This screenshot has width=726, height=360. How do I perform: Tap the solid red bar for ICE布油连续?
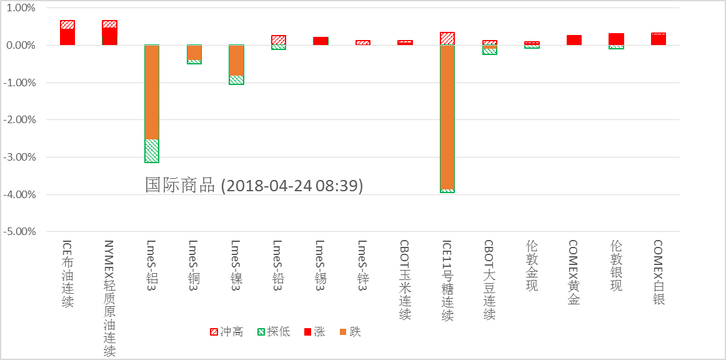(x=67, y=37)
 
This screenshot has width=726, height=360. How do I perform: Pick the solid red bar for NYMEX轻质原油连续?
(x=110, y=37)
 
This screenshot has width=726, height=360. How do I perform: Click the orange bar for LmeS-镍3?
(x=236, y=61)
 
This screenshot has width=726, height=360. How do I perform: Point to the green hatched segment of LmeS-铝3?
(x=152, y=151)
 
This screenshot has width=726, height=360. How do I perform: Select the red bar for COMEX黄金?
(x=574, y=40)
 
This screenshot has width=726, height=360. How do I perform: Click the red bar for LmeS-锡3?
(x=321, y=41)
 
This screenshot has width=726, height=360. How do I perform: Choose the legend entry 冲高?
(x=227, y=332)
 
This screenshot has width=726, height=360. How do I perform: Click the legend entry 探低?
(x=274, y=332)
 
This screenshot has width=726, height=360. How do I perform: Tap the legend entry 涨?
(x=314, y=332)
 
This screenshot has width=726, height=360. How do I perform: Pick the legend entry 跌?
(x=350, y=332)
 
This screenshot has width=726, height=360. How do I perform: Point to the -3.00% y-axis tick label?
(x=20, y=157)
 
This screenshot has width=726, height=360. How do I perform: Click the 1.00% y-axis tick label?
(x=21, y=8)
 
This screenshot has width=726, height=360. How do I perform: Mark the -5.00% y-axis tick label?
(x=20, y=231)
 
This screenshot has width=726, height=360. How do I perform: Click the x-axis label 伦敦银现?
(x=616, y=266)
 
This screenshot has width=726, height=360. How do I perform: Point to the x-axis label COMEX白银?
(x=658, y=272)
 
